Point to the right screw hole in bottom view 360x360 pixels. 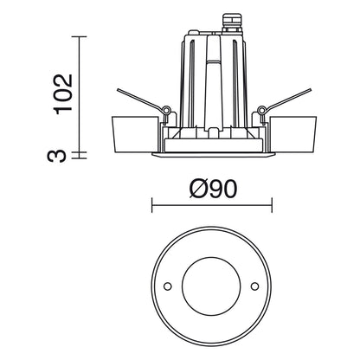(254, 286)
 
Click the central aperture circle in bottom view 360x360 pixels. (210, 286)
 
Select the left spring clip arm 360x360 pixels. (138, 100)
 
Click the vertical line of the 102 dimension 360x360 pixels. (80, 95)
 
